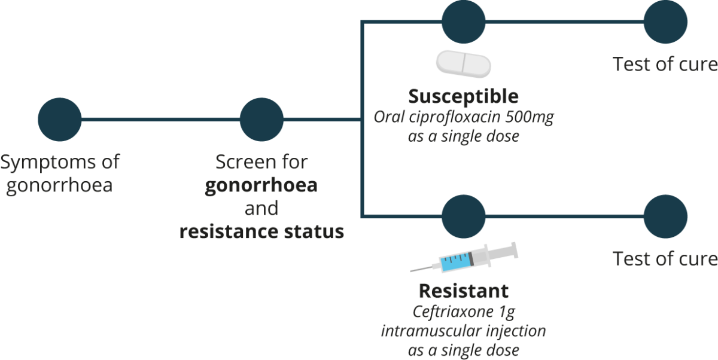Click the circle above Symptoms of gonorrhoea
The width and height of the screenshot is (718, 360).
click(x=59, y=119)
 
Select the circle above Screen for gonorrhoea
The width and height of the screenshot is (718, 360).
click(x=261, y=119)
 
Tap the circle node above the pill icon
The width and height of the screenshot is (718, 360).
click(x=463, y=22)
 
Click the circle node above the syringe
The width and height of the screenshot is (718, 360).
click(x=463, y=215)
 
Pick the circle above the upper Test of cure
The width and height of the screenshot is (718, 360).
click(x=665, y=22)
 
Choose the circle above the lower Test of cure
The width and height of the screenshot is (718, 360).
click(x=665, y=215)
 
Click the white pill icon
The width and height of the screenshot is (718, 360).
click(x=463, y=63)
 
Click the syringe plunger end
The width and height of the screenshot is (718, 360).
click(x=512, y=251)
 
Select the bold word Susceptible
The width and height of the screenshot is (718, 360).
click(x=463, y=96)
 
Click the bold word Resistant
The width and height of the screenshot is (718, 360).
click(x=463, y=291)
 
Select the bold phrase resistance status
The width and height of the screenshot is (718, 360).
click(x=261, y=231)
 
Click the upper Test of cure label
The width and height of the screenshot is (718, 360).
click(x=665, y=64)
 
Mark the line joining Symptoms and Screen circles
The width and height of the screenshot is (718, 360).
click(x=160, y=119)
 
